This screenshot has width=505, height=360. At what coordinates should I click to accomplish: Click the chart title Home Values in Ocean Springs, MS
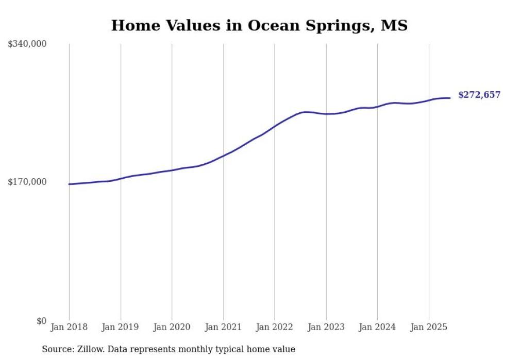click(x=259, y=25)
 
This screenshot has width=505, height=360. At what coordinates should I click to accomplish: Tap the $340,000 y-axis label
click(x=27, y=44)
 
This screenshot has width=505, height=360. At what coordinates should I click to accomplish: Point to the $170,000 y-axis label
click(x=27, y=182)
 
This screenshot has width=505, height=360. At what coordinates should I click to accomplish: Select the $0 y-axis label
click(x=41, y=321)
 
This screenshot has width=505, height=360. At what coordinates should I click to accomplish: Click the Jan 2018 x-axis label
click(x=69, y=327)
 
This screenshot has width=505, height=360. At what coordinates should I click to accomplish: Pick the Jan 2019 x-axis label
click(x=121, y=327)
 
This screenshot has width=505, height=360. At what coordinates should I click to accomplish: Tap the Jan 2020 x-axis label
click(x=172, y=327)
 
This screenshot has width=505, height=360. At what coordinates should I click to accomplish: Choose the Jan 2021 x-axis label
click(x=223, y=327)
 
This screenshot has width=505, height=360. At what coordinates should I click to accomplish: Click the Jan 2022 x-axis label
click(x=275, y=327)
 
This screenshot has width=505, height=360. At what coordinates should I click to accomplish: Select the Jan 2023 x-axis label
click(x=326, y=327)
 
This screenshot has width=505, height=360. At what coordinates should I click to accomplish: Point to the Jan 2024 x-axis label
click(x=377, y=327)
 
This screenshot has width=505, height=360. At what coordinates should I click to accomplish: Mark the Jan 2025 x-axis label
click(x=428, y=327)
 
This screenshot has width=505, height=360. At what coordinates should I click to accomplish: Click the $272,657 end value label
click(x=479, y=95)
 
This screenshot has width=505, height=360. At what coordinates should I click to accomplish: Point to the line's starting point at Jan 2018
click(x=69, y=184)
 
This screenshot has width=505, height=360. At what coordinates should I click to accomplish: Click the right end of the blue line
click(x=450, y=98)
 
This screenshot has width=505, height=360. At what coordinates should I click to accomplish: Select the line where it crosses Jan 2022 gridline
click(x=275, y=126)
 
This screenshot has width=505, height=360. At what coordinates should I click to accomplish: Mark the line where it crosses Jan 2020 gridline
click(x=172, y=170)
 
